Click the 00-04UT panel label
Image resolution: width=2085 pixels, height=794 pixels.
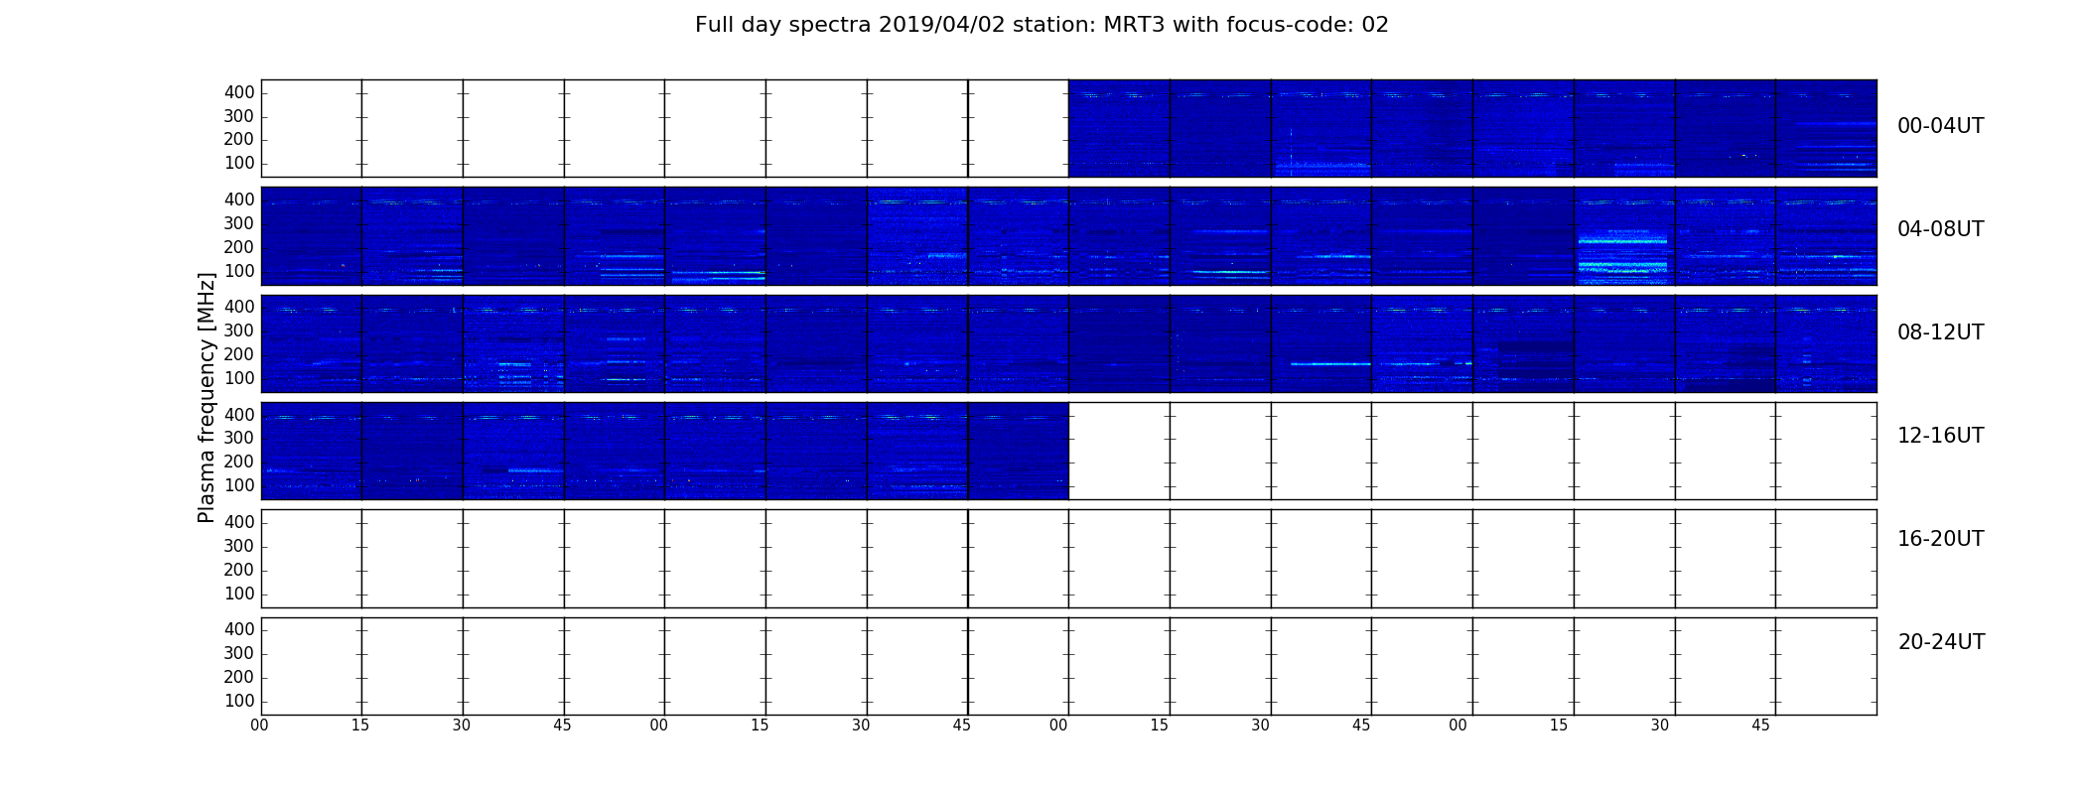(1940, 126)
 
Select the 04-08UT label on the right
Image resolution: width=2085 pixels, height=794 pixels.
(1940, 229)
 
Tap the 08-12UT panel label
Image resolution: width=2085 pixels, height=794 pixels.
(1940, 332)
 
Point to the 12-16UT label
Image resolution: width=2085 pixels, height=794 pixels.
(1940, 436)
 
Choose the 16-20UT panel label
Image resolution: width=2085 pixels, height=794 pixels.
(1940, 539)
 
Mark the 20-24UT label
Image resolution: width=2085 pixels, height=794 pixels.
(1941, 642)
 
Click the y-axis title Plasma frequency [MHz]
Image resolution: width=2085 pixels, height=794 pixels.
(207, 397)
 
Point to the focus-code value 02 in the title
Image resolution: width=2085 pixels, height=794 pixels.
(1375, 25)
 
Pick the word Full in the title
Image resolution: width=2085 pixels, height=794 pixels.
(715, 25)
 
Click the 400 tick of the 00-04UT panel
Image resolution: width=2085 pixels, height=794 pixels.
(239, 92)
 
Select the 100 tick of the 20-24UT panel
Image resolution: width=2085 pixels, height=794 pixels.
(239, 701)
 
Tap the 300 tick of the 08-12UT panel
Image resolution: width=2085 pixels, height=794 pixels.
(239, 331)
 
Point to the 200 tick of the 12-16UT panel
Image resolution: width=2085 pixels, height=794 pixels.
(239, 462)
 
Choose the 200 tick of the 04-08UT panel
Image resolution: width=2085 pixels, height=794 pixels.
(239, 247)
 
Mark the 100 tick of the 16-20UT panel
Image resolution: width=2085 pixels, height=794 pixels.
(239, 594)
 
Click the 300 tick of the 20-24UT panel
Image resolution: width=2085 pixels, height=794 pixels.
(239, 653)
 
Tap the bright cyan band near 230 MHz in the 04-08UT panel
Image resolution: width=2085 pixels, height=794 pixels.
(1622, 241)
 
